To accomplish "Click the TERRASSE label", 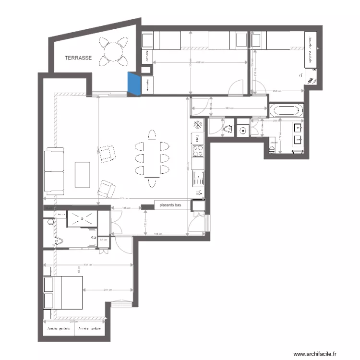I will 78,58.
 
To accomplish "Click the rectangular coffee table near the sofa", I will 83,175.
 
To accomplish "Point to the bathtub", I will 287,111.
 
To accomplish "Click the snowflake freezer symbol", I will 197,125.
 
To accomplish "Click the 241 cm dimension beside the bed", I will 108,289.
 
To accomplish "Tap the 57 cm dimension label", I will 103,240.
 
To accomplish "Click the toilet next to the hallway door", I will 227,129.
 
